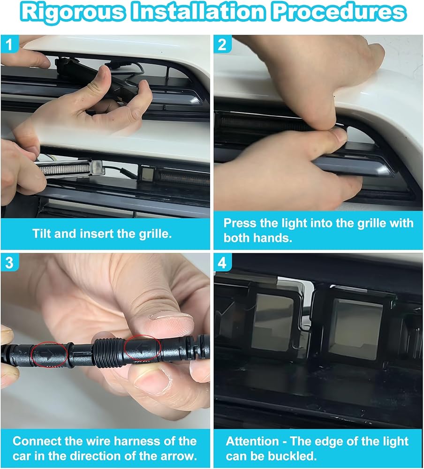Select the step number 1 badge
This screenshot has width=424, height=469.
click(x=9, y=44)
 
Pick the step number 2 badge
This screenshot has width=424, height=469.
click(x=222, y=44)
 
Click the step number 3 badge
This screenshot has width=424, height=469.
click(x=9, y=263)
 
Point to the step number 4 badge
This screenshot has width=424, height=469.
click(x=222, y=263)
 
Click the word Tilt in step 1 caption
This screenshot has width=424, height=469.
click(x=42, y=234)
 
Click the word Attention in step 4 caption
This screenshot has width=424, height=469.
click(x=252, y=441)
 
